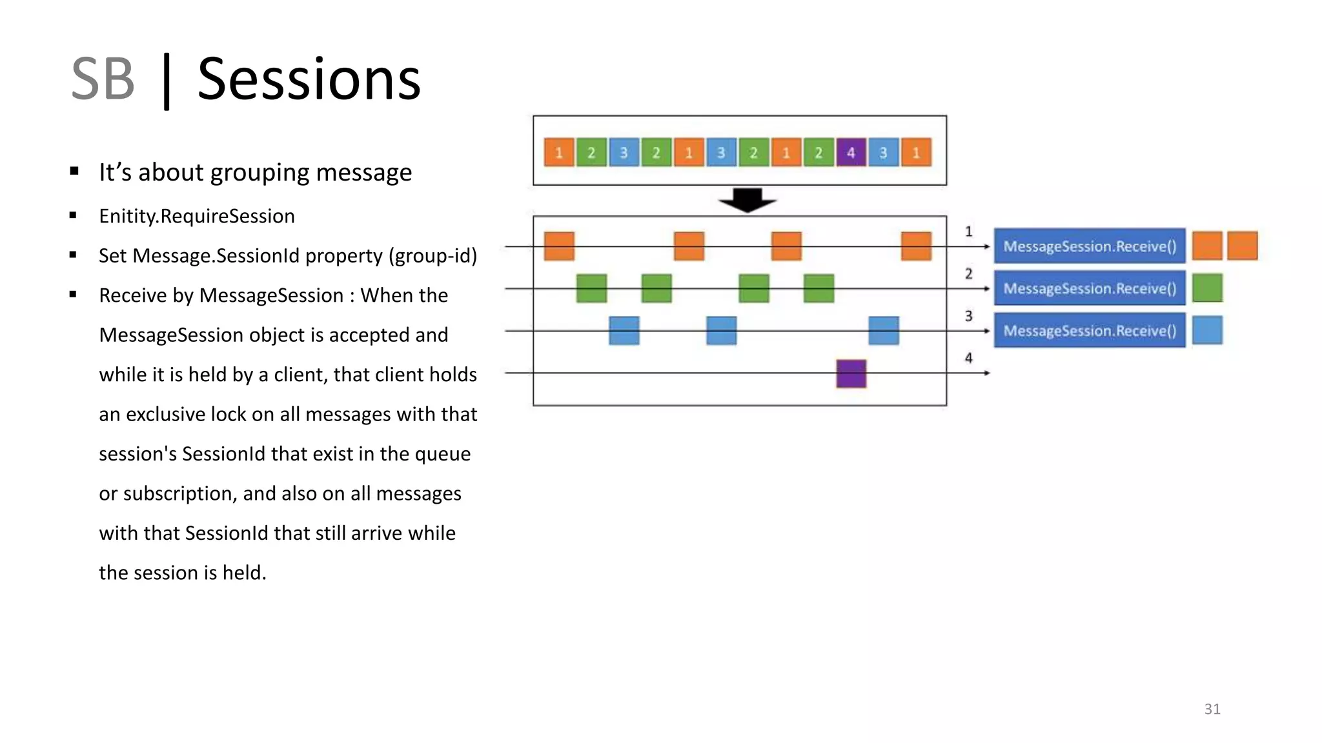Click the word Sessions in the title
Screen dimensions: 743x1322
pyautogui.click(x=309, y=79)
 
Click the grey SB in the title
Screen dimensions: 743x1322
pyautogui.click(x=103, y=79)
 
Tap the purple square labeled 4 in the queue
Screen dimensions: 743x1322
pyautogui.click(x=851, y=153)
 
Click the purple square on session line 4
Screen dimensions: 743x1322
pyautogui.click(x=851, y=373)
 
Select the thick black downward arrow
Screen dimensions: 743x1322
pyautogui.click(x=747, y=200)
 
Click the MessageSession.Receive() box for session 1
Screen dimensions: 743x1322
pyautogui.click(x=1089, y=246)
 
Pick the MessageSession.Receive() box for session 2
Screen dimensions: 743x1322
pyautogui.click(x=1089, y=288)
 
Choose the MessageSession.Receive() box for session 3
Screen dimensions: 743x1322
pyautogui.click(x=1089, y=331)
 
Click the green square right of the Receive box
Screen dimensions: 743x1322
pyautogui.click(x=1207, y=288)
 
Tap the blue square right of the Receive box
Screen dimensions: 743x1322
pyautogui.click(x=1207, y=331)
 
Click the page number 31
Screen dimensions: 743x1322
pyautogui.click(x=1212, y=709)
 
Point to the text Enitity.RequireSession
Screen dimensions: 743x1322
pyautogui.click(x=196, y=216)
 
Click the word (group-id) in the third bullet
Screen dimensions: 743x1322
pyautogui.click(x=432, y=256)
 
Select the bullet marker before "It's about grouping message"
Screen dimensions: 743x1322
pyautogui.click(x=74, y=172)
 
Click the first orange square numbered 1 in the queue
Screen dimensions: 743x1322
pyautogui.click(x=559, y=153)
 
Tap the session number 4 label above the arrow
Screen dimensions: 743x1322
pyautogui.click(x=968, y=358)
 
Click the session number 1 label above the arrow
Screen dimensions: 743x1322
pyautogui.click(x=968, y=232)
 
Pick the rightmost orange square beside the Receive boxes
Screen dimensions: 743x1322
pyautogui.click(x=1242, y=246)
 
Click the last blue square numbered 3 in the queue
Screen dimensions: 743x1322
pyautogui.click(x=883, y=153)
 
